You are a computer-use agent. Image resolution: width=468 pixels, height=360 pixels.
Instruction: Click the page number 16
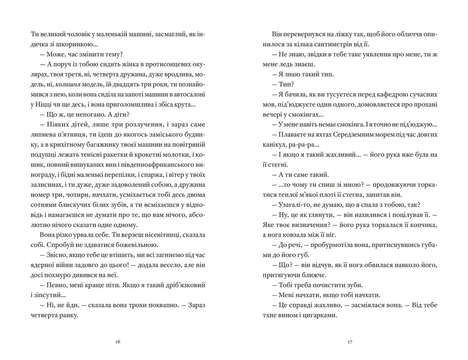pos(118,343)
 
